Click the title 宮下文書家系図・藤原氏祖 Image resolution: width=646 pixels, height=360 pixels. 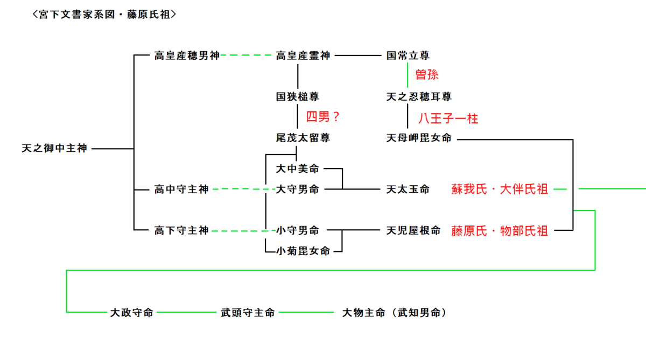104,15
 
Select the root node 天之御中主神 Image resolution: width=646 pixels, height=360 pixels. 54,148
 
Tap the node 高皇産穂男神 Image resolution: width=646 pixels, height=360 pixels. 187,55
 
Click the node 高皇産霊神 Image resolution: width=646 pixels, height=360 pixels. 303,55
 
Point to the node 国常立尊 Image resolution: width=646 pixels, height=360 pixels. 408,55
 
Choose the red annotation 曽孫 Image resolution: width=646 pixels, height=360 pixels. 426,74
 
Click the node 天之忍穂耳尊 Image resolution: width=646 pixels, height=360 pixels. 419,97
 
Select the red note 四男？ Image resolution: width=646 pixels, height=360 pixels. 324,117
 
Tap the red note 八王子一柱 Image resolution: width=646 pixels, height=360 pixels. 448,118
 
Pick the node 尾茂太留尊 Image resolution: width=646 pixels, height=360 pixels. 303,138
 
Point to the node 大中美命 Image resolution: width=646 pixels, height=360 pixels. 297,169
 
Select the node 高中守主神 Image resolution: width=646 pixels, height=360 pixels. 181,189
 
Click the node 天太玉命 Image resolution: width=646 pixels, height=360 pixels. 408,189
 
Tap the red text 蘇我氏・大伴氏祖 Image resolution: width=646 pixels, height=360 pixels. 500,189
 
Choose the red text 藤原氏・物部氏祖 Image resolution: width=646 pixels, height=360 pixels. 500,231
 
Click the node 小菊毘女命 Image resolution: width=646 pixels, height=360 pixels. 303,251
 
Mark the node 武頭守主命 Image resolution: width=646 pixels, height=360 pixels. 248,313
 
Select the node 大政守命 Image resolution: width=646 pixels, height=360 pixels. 132,313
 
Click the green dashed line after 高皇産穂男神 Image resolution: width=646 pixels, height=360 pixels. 247,55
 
